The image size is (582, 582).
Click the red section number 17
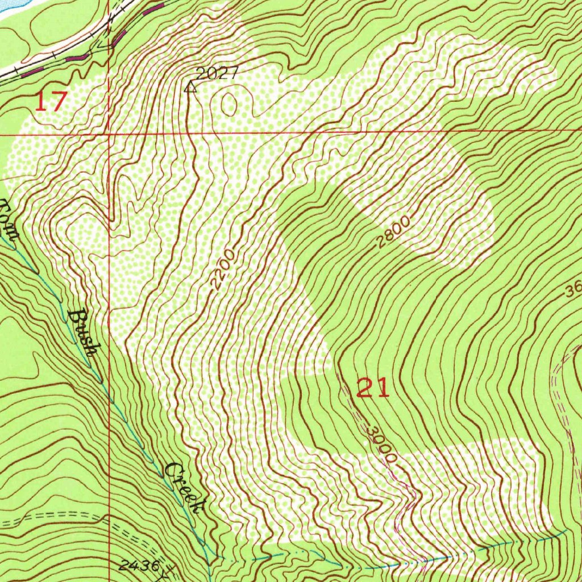pyautogui.click(x=51, y=102)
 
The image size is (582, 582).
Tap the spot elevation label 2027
pyautogui.click(x=216, y=73)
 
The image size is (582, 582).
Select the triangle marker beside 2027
pyautogui.click(x=191, y=87)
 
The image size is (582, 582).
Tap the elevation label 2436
pyautogui.click(x=139, y=565)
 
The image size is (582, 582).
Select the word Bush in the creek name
pyautogui.click(x=83, y=332)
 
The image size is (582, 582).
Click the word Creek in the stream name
pyautogui.click(x=185, y=488)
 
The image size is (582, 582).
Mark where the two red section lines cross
pyautogui.click(x=108, y=135)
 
